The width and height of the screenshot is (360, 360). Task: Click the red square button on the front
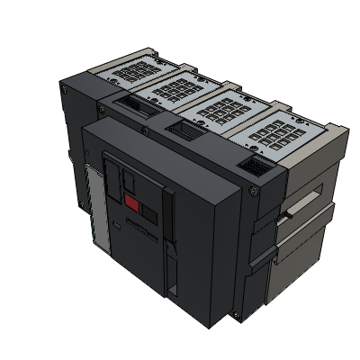[x=132, y=204]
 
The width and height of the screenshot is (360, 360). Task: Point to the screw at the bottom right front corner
[x=236, y=316]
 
